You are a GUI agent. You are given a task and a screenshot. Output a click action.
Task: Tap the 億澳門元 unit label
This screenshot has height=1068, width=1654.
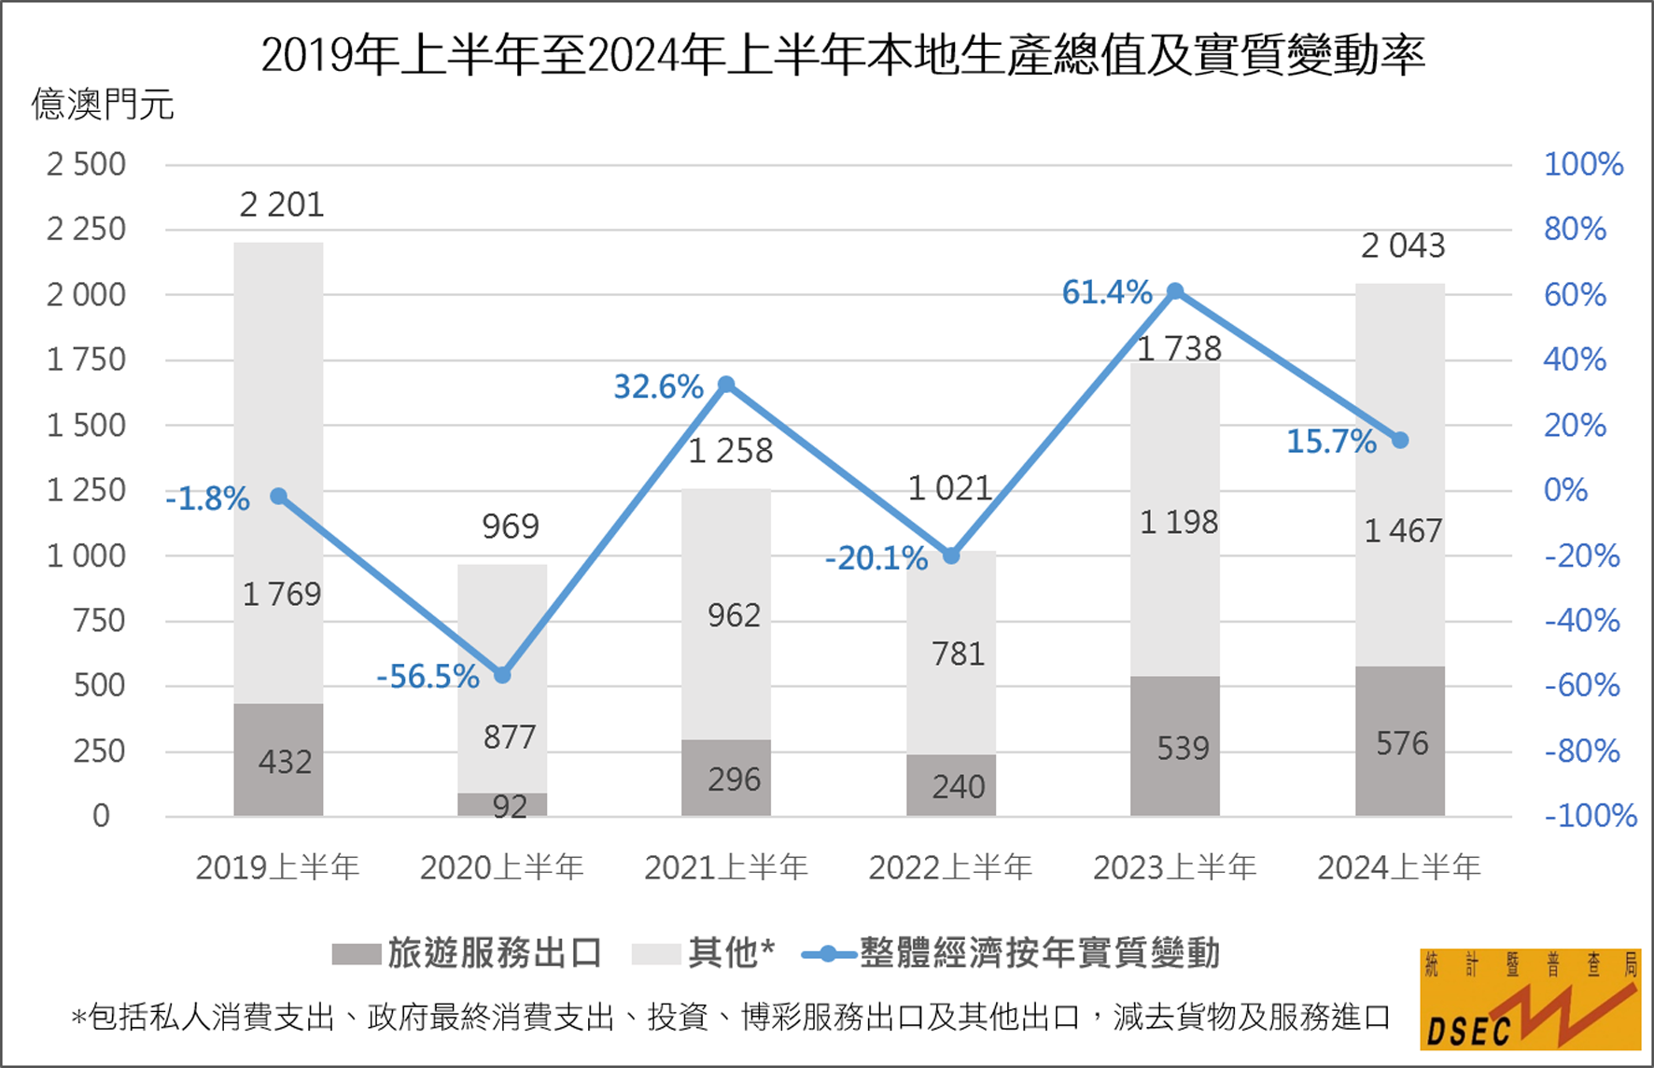(x=103, y=105)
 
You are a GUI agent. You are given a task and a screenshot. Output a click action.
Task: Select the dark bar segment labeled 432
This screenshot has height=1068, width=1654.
(x=278, y=760)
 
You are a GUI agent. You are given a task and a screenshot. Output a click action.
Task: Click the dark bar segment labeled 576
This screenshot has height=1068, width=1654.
(x=1399, y=741)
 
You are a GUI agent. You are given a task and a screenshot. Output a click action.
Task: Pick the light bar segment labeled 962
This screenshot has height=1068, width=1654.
(x=726, y=614)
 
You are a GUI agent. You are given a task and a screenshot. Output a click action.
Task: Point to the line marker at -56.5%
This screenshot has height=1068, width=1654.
(x=502, y=675)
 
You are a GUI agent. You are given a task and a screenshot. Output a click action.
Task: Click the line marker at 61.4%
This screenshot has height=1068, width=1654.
(x=1175, y=292)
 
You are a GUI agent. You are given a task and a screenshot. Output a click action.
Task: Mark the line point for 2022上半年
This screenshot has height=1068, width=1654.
(x=951, y=556)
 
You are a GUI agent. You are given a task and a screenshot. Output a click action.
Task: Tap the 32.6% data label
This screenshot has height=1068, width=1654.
(x=658, y=386)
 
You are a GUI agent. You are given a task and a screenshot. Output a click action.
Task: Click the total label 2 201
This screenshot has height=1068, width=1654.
(x=282, y=204)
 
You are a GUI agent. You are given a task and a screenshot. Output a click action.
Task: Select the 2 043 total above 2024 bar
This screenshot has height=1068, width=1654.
(x=1403, y=246)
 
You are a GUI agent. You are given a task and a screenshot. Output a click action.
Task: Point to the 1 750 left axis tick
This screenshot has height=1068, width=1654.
(x=86, y=359)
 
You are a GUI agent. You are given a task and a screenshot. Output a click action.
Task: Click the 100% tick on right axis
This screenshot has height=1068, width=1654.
(x=1583, y=164)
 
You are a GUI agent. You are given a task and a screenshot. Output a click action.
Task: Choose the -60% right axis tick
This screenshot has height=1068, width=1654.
(x=1582, y=685)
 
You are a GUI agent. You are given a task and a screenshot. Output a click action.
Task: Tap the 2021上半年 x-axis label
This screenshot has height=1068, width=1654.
(x=726, y=867)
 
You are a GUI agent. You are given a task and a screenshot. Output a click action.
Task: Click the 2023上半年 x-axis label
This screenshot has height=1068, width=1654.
(x=1175, y=867)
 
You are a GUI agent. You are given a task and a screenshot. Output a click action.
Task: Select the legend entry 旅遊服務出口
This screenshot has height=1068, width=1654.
(x=467, y=953)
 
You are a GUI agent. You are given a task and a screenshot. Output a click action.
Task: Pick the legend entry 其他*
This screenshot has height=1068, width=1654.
(x=705, y=953)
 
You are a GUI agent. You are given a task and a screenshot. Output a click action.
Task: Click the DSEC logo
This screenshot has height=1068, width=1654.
(x=1530, y=1000)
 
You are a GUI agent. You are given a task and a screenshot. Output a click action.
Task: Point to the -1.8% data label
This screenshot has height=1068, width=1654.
(x=208, y=499)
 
